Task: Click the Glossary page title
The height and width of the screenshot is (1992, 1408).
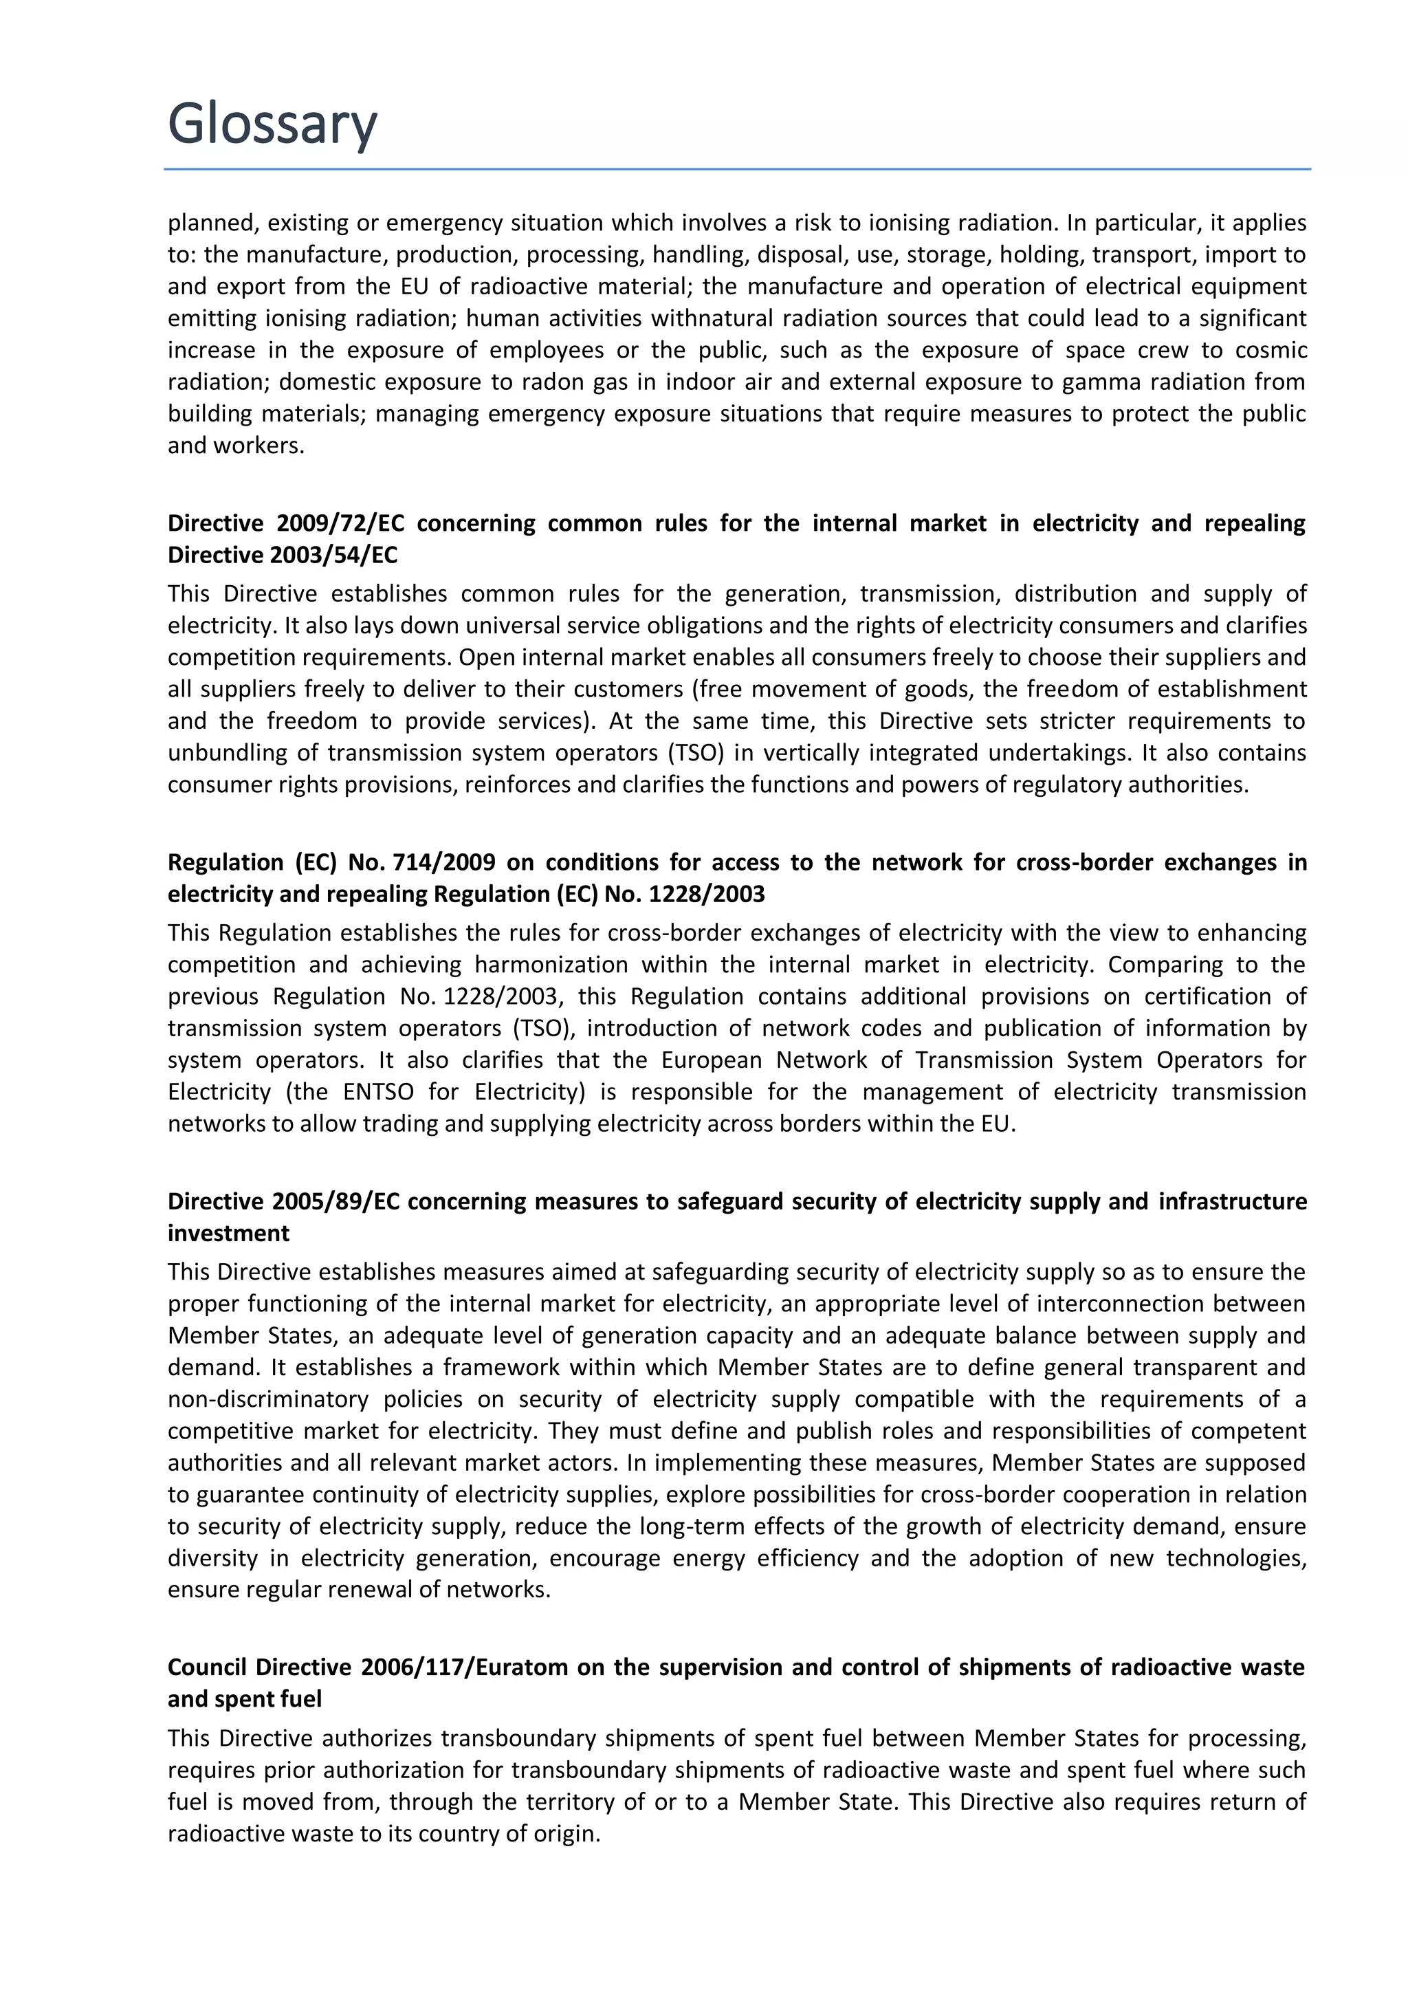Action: (x=272, y=123)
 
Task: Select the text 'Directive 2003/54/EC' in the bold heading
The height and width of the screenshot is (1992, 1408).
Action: (x=282, y=556)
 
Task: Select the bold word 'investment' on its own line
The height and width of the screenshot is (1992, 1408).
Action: (x=228, y=1234)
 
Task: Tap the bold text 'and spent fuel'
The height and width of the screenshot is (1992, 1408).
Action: (x=244, y=1700)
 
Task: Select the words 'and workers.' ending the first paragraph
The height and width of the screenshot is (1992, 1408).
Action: (x=236, y=446)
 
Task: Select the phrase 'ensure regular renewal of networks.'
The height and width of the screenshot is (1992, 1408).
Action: (x=359, y=1590)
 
